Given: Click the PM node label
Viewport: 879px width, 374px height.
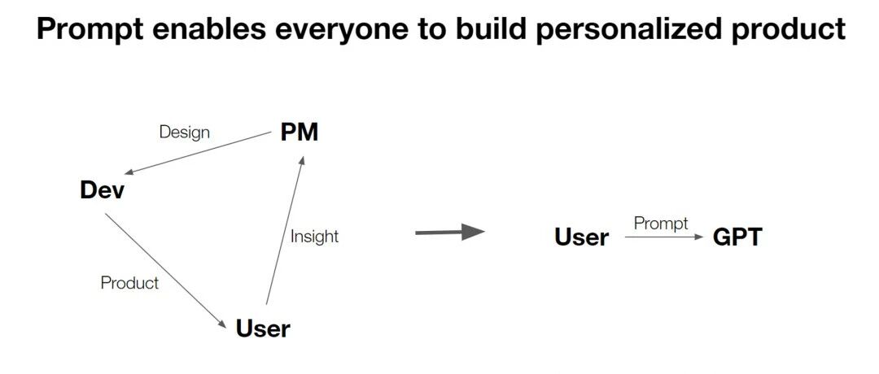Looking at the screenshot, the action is (299, 133).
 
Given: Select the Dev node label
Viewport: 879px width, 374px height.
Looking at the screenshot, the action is (103, 190).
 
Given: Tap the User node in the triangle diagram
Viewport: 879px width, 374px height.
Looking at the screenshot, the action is (262, 328).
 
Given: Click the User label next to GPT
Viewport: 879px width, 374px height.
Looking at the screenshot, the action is (581, 237).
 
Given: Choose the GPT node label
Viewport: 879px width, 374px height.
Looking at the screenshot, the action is (737, 237).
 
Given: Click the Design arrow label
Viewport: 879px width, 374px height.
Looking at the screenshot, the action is (185, 132).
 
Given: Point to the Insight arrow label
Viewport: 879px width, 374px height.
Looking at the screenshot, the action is (314, 237).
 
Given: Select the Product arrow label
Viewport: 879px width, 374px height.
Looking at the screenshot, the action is (129, 283).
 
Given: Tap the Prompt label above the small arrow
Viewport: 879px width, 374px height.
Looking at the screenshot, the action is (661, 223).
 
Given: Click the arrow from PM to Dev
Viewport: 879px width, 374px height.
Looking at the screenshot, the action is (199, 153).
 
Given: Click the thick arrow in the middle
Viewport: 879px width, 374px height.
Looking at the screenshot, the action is (449, 233).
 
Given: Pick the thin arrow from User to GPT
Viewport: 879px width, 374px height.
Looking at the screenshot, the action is (663, 237).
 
